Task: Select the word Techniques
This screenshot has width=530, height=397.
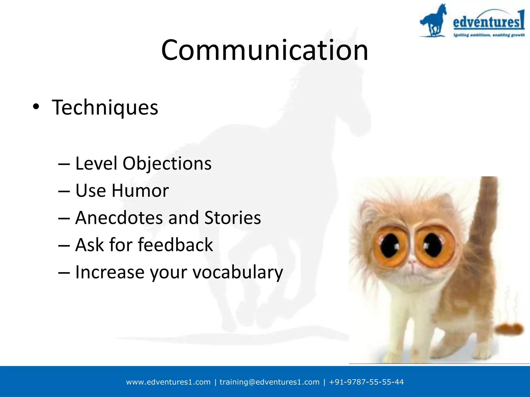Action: coord(105,108)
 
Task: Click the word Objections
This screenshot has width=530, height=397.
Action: coord(167,164)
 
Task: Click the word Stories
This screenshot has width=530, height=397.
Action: coord(232,218)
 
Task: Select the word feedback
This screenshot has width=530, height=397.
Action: coord(175,245)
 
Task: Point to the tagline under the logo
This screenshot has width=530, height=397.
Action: coord(489,35)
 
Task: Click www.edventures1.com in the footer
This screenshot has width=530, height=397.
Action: coord(168,382)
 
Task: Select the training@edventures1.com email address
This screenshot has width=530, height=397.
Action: coord(269,382)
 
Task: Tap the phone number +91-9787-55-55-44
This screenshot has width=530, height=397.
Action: coord(366,382)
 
